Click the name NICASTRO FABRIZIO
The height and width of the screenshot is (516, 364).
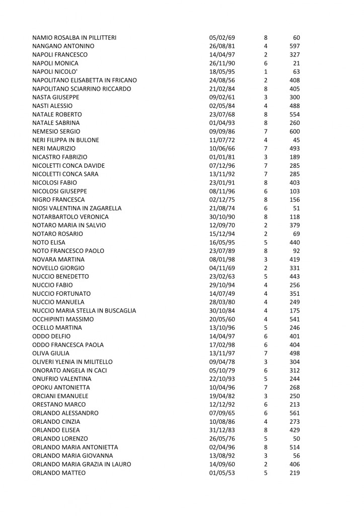tap(59, 157)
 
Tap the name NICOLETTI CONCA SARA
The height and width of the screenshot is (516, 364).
tap(65, 174)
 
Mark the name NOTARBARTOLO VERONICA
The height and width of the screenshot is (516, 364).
tap(70, 217)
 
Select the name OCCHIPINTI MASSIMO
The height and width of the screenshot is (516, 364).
tap(62, 319)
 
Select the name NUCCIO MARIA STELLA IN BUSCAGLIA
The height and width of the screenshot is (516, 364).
tap(84, 311)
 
